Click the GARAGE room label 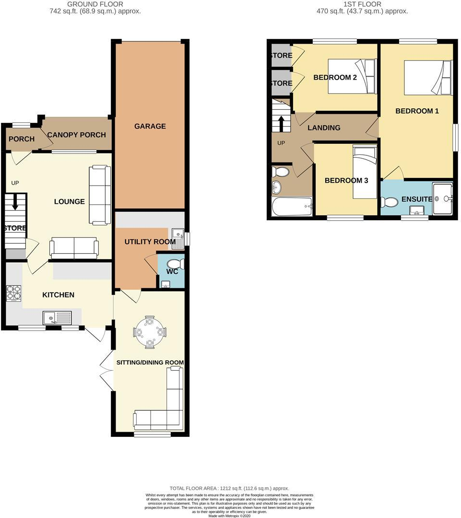click(150, 126)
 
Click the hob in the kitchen click(13, 294)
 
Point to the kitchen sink click(57, 317)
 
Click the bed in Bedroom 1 click(428, 77)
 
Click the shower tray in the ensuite click(442, 198)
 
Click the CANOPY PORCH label click(76, 135)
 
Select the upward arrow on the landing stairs click(281, 123)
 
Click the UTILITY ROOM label click(150, 242)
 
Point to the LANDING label click(324, 128)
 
